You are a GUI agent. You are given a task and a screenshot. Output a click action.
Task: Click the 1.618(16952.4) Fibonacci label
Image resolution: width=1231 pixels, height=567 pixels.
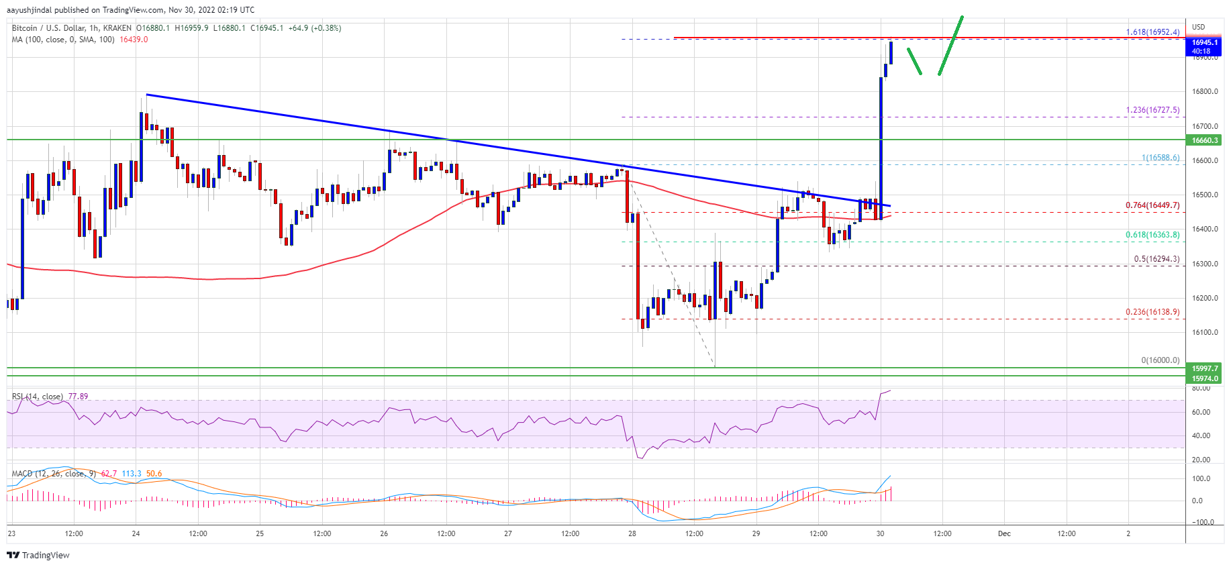click(1152, 32)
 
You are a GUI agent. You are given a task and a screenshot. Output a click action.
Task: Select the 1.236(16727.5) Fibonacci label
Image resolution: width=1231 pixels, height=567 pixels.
click(1152, 110)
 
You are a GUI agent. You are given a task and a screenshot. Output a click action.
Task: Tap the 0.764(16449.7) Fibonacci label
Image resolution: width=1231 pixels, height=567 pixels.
click(1152, 205)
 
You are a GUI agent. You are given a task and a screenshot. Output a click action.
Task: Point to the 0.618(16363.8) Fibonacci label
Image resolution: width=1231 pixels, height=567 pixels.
click(1152, 235)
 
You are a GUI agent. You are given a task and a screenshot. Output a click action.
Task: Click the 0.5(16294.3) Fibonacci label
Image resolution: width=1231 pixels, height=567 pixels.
click(1156, 259)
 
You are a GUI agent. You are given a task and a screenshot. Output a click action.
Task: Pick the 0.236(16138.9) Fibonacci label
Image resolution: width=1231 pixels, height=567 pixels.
click(1152, 312)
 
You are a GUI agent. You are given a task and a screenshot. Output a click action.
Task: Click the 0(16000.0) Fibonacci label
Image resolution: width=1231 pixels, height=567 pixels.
click(1160, 360)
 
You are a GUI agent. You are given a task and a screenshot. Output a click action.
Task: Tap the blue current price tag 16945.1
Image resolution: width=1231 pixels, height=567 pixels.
click(1204, 42)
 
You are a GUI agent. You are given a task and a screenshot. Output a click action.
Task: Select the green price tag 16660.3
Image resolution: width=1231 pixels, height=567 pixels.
click(1204, 140)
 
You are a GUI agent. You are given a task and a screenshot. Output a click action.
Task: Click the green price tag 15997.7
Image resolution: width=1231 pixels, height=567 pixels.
click(1204, 368)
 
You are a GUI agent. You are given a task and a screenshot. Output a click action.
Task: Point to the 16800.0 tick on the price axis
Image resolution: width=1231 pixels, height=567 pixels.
click(1205, 92)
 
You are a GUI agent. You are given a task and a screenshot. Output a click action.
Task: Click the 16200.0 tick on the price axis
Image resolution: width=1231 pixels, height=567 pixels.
click(1205, 299)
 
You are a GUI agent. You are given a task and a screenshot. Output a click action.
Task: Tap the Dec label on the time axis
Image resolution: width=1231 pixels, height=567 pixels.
click(1004, 534)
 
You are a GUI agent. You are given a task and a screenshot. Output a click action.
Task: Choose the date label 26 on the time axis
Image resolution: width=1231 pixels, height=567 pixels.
click(384, 534)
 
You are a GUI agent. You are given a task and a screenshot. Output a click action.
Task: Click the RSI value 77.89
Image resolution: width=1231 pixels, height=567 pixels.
click(78, 397)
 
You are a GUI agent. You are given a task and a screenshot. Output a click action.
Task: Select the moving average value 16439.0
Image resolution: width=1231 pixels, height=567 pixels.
click(134, 40)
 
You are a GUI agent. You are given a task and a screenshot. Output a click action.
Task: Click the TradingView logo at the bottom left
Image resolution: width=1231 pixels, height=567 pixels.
click(38, 555)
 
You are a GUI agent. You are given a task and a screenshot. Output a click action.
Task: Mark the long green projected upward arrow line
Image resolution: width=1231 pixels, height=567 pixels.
click(950, 45)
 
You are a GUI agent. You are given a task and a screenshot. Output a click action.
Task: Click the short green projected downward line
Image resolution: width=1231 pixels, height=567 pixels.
click(914, 61)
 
